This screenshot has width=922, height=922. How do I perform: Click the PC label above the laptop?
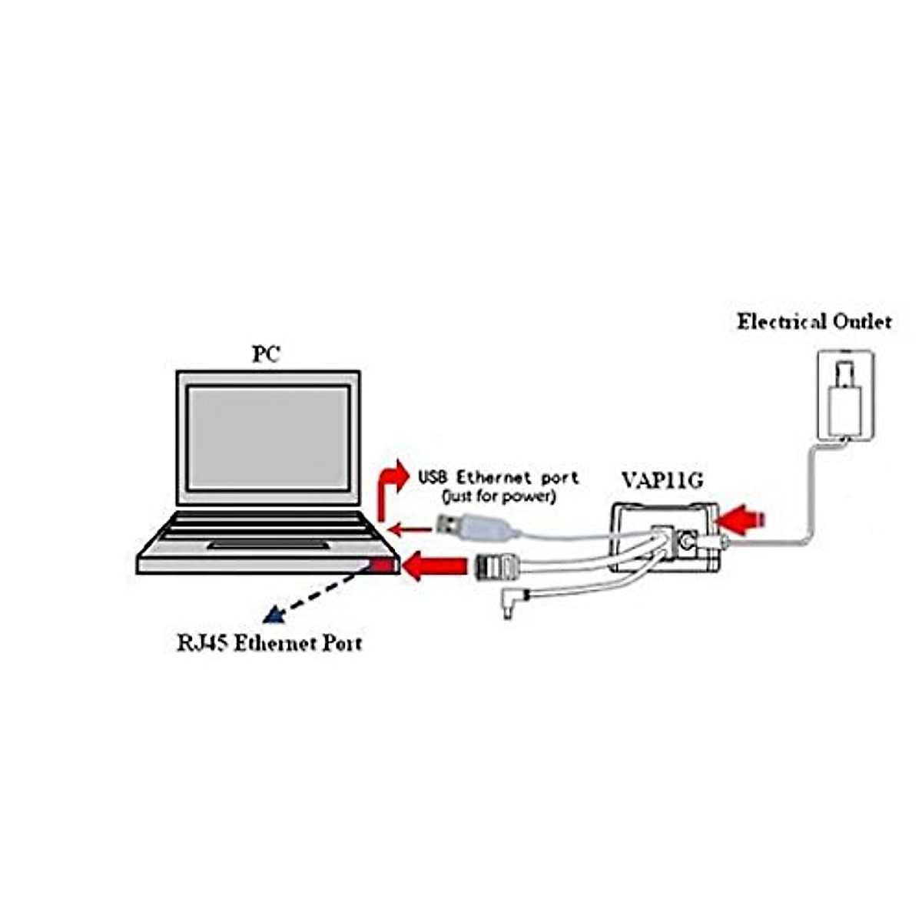pos(267,355)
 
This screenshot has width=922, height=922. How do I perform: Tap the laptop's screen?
pos(268,437)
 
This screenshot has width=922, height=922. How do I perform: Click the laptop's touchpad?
pos(268,545)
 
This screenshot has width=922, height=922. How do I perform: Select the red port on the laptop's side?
pos(382,567)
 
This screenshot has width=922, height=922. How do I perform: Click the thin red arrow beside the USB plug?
pos(410,528)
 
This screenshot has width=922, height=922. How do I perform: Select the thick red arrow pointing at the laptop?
pos(435,567)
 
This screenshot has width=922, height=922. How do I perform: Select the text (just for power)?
pos(498,496)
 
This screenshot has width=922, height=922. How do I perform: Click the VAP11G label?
pos(662,482)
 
